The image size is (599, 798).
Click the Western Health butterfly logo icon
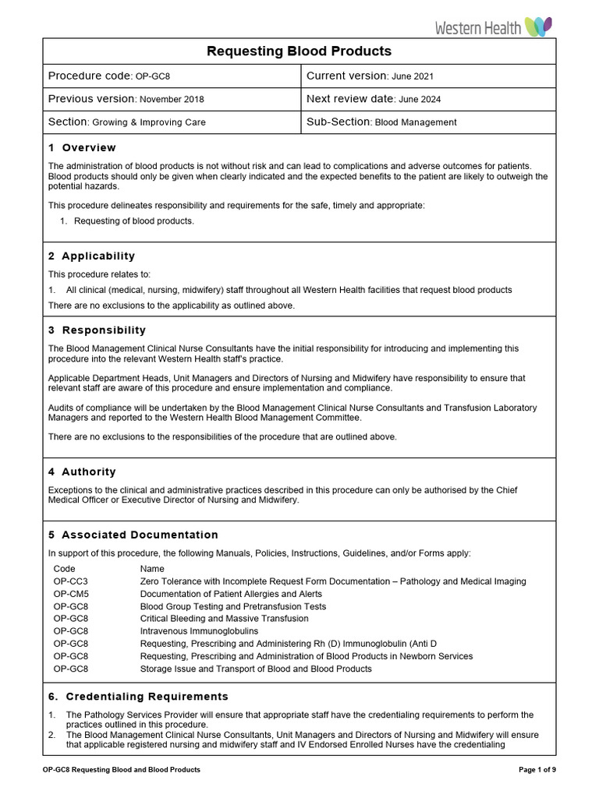point(539,27)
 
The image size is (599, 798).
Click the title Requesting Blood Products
point(299,51)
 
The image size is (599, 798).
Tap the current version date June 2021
point(413,76)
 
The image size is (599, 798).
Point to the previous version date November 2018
point(172,100)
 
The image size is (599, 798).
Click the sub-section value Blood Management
point(416,122)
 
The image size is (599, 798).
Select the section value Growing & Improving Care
point(149,122)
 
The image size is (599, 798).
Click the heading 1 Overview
point(82,148)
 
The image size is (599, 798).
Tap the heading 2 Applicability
point(91,256)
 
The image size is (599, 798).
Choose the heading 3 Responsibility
point(97,330)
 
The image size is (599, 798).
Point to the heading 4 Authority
point(82,472)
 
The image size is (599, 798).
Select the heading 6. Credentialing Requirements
point(138,697)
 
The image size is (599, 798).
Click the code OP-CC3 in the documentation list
point(71,581)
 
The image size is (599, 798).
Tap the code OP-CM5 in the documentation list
point(71,594)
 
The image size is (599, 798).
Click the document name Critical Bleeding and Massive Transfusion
point(224,619)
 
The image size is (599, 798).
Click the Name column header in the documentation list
point(152,569)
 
